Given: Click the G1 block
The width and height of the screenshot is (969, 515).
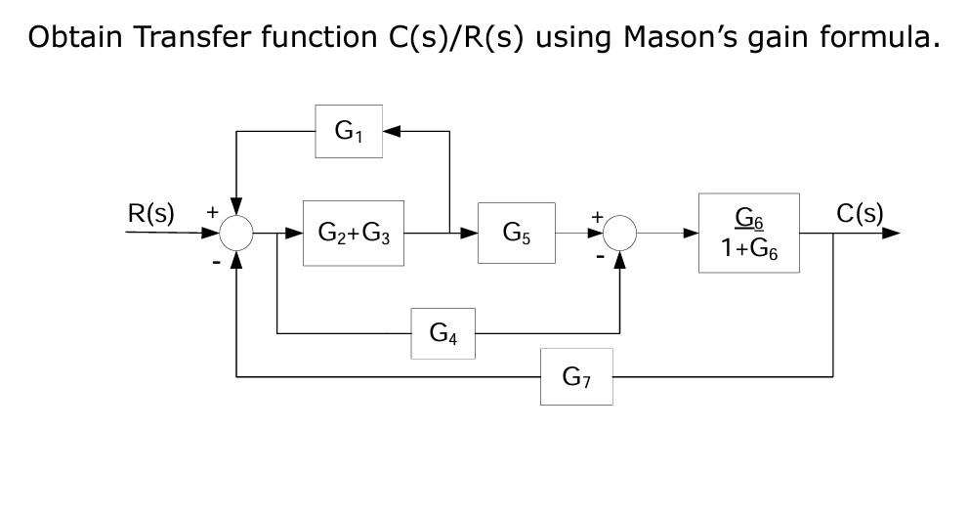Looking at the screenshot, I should tap(349, 131).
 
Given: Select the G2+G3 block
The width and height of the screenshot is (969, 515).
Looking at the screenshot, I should tap(354, 234).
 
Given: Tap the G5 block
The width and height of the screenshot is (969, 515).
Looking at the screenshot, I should tap(516, 234).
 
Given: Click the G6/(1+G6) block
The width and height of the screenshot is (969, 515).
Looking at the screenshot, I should tap(749, 234).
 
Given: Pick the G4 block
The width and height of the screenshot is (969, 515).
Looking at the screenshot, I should tap(442, 333).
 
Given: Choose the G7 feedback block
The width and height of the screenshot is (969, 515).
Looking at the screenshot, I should tap(576, 376).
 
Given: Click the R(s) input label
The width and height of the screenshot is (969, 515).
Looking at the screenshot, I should tap(151, 214).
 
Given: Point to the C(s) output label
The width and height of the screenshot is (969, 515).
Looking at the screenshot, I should tap(860, 214).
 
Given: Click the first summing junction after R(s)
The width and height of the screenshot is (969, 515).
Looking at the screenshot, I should tap(236, 234).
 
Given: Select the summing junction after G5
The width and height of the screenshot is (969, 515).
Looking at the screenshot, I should tap(619, 234).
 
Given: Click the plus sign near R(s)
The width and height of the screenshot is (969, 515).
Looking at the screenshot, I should tap(212, 211).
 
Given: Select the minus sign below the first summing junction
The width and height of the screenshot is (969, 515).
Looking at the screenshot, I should tap(214, 261).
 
